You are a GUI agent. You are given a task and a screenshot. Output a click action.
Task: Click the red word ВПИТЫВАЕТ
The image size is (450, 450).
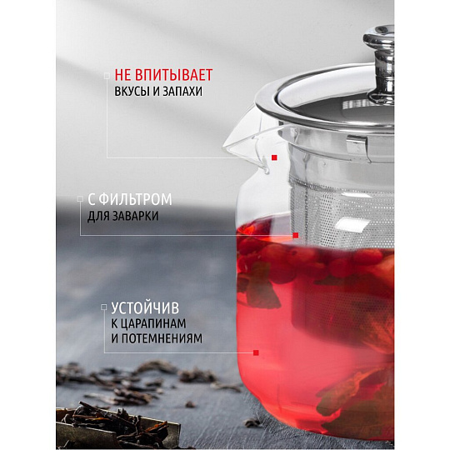coord(173,75)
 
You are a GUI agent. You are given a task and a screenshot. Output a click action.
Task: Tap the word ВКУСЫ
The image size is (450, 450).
coord(132,92)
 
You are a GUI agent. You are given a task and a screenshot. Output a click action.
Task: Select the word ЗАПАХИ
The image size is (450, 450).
coord(182,92)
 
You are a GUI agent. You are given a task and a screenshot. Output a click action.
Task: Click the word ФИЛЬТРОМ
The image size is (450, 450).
coord(136,199)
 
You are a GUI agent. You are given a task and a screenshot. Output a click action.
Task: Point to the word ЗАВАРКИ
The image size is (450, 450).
coord(135,216)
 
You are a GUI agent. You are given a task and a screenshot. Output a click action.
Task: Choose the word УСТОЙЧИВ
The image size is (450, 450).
coord(145,308)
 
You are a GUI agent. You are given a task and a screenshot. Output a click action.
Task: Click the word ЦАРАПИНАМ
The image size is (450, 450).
coord(152,323)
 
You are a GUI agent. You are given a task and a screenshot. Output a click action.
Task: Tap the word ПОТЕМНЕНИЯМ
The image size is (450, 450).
coord(162,338)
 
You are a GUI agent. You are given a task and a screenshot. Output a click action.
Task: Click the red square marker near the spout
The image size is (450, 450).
coord(274,157)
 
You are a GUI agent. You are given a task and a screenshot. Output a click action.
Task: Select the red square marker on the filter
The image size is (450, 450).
coord(296,235)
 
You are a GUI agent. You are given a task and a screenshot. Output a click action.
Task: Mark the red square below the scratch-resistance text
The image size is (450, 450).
coord(256,352)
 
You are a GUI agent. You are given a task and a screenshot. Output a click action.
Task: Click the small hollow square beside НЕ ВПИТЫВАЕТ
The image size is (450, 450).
coord(107,76)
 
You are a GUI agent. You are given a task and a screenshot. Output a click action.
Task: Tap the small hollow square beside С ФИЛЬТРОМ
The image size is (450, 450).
coord(80,199)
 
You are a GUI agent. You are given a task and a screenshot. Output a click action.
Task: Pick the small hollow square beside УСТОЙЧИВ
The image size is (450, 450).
coord(104,307)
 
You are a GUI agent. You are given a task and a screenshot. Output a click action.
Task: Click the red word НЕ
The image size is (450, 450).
coord(122,75)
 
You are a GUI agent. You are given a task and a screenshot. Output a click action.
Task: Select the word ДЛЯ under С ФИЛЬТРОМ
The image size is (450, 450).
coord(97,217)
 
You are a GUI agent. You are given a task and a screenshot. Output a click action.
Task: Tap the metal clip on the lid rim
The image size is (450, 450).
coord(357,146)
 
